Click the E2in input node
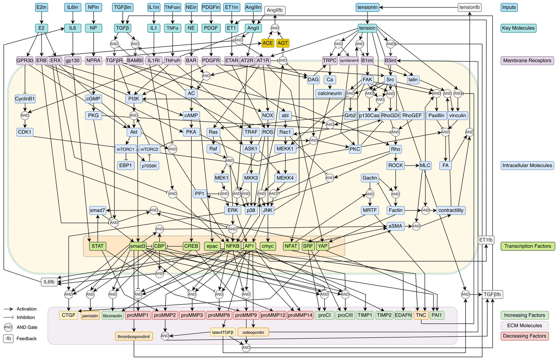[x=42, y=7]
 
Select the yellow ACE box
[x=267, y=43]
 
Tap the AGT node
[x=282, y=43]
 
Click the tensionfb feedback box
[x=469, y=7]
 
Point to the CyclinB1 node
[x=25, y=99]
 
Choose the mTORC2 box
[x=149, y=149]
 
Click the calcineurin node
[x=330, y=93]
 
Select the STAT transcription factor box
[x=97, y=246]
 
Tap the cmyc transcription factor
[x=267, y=246]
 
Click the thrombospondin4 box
[x=134, y=336]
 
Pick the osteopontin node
[x=253, y=332]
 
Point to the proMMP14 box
[x=300, y=315]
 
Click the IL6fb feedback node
[x=49, y=282]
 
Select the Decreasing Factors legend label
[x=524, y=336]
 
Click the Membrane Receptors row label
[x=527, y=60]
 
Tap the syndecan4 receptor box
[x=349, y=60]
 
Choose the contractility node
[x=451, y=210]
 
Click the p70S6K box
[x=149, y=166]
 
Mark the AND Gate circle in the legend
[x=8, y=327]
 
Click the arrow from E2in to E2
[x=42, y=17]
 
